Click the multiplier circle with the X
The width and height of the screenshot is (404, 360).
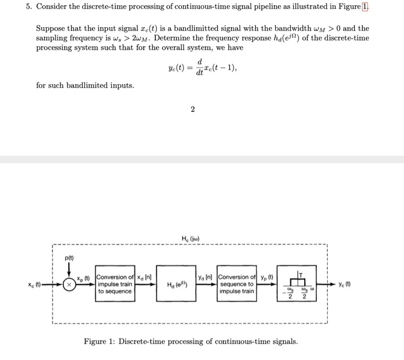coord(70,284)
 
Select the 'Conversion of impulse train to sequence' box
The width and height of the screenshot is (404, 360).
coord(115,283)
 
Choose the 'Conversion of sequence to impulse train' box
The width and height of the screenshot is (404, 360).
coord(237,284)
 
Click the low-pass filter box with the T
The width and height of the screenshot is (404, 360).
coord(298,284)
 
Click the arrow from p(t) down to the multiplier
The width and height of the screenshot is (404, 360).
coord(70,269)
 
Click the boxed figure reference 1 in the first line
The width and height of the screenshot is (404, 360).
coord(365,7)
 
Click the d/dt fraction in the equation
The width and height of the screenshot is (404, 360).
coord(200,66)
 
